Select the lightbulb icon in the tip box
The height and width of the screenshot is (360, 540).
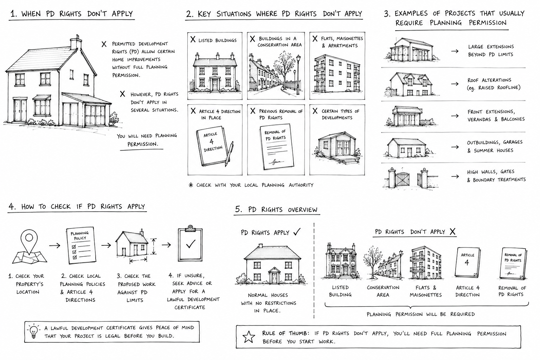click(x=34, y=331)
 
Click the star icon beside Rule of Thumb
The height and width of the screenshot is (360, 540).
click(x=249, y=336)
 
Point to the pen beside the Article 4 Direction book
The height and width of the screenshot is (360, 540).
click(x=229, y=154)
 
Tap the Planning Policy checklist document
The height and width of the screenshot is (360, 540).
click(x=81, y=245)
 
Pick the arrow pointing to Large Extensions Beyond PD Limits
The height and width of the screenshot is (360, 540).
click(x=455, y=51)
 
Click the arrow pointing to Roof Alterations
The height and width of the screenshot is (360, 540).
click(x=455, y=84)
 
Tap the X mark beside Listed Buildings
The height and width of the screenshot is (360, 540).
click(x=193, y=39)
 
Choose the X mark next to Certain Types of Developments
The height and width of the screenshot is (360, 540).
click(x=315, y=111)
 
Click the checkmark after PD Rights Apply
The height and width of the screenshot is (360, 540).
click(x=297, y=232)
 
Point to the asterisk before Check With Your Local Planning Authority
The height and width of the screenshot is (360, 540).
click(x=191, y=185)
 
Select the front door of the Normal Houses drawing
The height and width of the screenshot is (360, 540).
click(x=274, y=277)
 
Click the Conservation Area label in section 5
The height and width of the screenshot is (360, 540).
click(x=383, y=291)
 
